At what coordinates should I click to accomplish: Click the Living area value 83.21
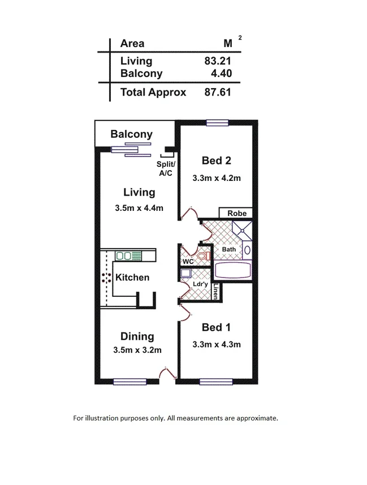(x=218, y=61)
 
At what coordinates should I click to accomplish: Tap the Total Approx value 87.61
(x=218, y=92)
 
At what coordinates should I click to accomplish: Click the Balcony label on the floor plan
(x=131, y=135)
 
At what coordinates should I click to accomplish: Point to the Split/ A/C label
(x=165, y=169)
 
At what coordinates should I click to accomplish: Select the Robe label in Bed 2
(x=236, y=214)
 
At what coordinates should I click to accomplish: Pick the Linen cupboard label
(x=216, y=292)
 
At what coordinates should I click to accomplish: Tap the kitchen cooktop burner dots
(x=106, y=278)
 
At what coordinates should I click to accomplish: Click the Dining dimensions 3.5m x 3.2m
(x=137, y=350)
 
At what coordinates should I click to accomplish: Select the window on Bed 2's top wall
(x=217, y=122)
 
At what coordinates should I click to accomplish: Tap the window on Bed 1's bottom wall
(x=215, y=382)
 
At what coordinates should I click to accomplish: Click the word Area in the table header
(x=132, y=44)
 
